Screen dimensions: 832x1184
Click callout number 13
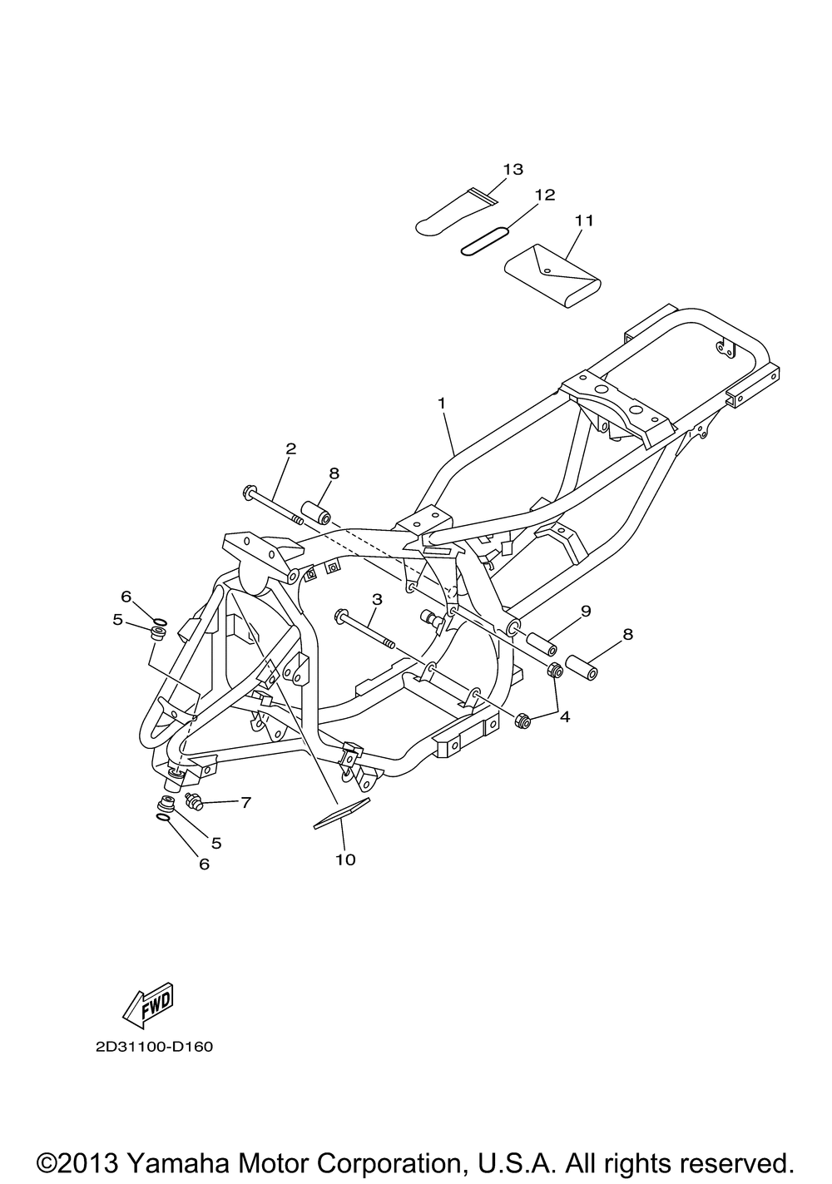click(513, 170)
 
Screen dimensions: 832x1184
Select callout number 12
click(545, 196)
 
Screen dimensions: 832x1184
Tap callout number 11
click(583, 220)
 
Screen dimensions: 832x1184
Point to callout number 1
click(441, 404)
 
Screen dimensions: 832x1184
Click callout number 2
click(290, 449)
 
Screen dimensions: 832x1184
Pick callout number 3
click(377, 599)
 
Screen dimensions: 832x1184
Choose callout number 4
click(565, 717)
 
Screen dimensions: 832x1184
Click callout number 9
click(587, 611)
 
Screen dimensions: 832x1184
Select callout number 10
click(346, 860)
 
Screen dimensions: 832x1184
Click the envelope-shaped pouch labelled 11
click(553, 275)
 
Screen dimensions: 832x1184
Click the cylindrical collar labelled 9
click(541, 642)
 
